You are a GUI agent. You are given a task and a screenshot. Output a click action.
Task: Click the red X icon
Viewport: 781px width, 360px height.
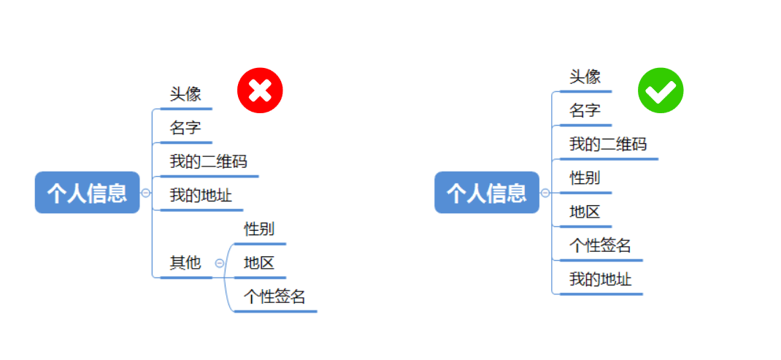point(260,91)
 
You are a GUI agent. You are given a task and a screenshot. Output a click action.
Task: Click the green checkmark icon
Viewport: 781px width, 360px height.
point(661,91)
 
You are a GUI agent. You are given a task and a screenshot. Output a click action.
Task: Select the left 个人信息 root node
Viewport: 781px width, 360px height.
point(87,193)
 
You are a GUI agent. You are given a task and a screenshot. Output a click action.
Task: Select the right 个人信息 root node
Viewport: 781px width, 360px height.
point(486,193)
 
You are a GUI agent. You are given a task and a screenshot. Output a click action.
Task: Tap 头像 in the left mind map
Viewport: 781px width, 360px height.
point(185,94)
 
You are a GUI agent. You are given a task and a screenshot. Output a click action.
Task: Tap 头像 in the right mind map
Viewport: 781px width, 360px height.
point(585,77)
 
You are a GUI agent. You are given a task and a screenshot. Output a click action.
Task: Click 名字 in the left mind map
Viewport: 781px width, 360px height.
point(185,129)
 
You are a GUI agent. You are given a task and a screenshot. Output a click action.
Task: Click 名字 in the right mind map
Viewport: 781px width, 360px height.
point(585,111)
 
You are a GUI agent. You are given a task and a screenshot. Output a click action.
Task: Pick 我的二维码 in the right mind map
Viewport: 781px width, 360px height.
point(608,144)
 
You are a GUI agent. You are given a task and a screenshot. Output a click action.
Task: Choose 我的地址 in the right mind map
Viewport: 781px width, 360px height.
point(600,280)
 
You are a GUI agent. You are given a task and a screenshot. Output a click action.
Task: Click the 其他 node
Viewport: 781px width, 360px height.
point(185,263)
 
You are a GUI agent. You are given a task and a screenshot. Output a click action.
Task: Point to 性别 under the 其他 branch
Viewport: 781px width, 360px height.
point(259,229)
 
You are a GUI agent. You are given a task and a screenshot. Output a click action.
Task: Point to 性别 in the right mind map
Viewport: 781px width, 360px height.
point(585,177)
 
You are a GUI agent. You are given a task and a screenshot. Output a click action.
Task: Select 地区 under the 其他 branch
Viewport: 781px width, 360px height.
point(259,263)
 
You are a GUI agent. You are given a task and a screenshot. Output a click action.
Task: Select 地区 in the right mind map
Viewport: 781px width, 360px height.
point(585,212)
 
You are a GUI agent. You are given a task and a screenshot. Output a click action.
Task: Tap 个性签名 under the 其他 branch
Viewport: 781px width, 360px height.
point(274,296)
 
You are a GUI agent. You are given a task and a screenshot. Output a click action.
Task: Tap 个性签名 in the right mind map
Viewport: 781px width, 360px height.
point(600,245)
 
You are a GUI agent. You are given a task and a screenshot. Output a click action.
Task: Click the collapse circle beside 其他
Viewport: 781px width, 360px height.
point(220,263)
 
